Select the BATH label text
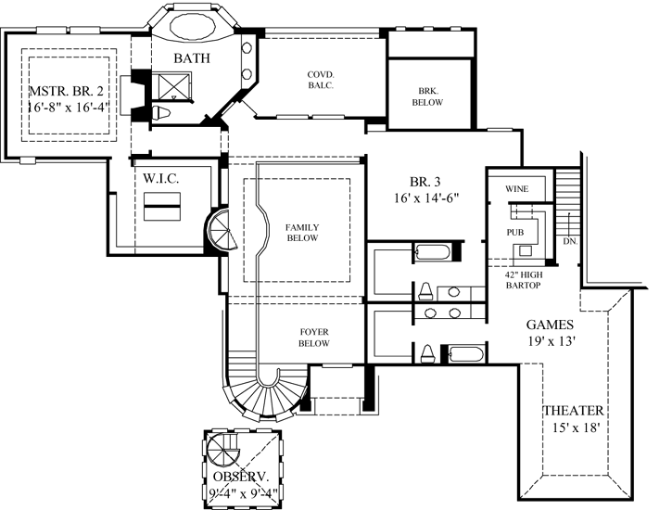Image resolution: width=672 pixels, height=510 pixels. (x=193, y=58)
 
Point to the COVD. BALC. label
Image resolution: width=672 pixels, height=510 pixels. (x=321, y=81)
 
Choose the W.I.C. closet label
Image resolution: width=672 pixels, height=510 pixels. (x=160, y=177)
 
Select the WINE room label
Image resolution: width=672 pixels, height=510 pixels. (x=516, y=189)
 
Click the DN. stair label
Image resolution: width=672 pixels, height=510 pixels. (x=569, y=241)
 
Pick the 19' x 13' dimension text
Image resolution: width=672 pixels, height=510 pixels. (x=553, y=341)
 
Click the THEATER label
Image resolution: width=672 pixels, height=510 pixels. (x=574, y=411)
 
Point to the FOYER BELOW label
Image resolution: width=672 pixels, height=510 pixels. (x=315, y=338)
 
